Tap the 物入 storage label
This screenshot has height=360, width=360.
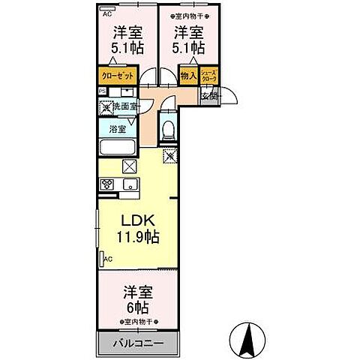(187, 75)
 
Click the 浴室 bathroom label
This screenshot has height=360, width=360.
(117, 128)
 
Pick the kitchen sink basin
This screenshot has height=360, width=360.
(130, 185)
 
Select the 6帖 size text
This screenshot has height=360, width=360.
(137, 308)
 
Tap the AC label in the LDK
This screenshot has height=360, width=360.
(107, 259)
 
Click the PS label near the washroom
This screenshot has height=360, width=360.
(103, 91)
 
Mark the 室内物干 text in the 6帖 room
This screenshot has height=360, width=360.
(138, 322)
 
